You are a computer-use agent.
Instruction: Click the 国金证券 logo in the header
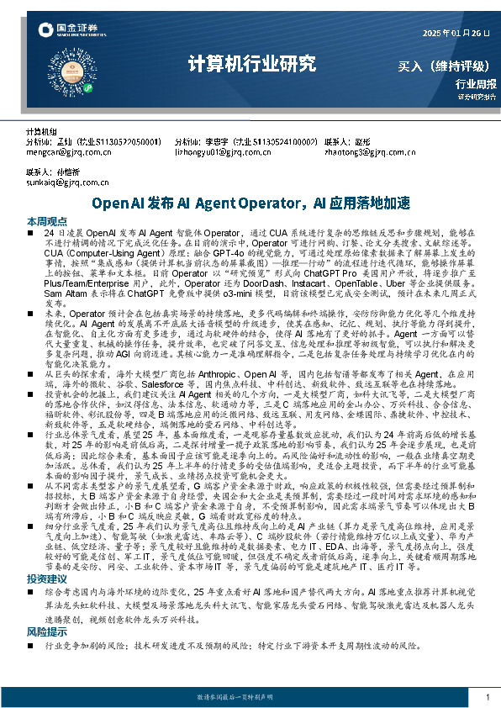[x=68, y=31]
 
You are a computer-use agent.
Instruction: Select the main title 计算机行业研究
[x=251, y=63]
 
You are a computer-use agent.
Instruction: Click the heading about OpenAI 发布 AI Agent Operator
[x=250, y=203]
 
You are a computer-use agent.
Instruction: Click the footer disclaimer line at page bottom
[x=250, y=697]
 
